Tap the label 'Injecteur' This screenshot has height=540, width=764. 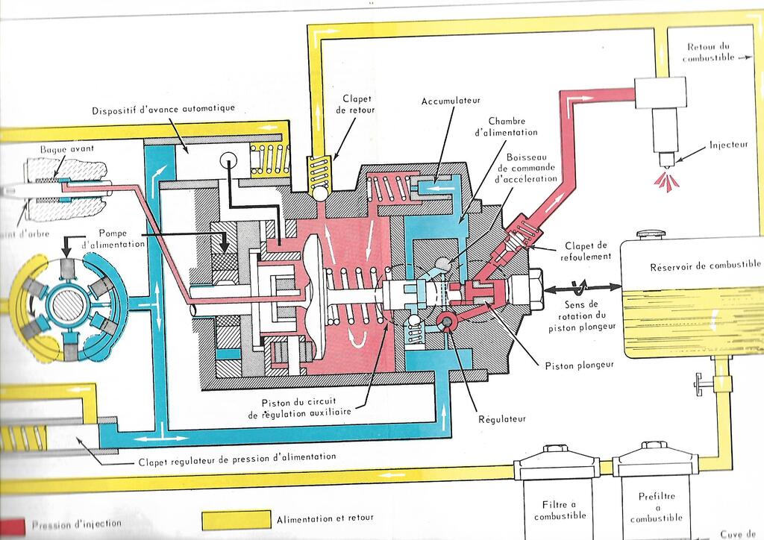pos(728,145)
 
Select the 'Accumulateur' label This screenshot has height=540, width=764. pos(451,100)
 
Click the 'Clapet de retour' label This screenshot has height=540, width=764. pos(358,104)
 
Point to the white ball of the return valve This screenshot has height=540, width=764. pos(319,192)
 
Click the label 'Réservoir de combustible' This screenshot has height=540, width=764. pos(705,265)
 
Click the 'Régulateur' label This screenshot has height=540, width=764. pos(501,418)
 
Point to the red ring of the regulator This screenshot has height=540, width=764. pos(450,321)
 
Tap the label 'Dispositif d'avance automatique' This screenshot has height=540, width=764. pos(163,109)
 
